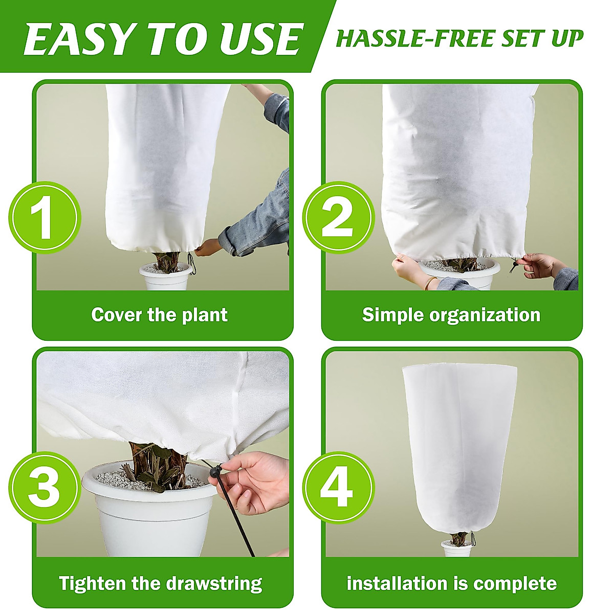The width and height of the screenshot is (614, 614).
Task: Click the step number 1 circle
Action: pyautogui.click(x=45, y=218)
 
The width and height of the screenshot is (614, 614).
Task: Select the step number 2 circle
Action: pyautogui.click(x=338, y=218)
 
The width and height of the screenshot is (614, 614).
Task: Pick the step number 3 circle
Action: pyautogui.click(x=45, y=487)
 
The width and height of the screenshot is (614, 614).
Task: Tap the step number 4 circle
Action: pyautogui.click(x=337, y=487)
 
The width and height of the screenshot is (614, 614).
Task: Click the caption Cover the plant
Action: pyautogui.click(x=159, y=315)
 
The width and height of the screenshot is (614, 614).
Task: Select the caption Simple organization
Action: pyautogui.click(x=451, y=315)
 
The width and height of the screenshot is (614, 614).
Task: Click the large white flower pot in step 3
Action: pyautogui.click(x=148, y=517)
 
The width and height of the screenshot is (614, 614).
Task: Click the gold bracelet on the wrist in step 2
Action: pyautogui.click(x=431, y=283)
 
